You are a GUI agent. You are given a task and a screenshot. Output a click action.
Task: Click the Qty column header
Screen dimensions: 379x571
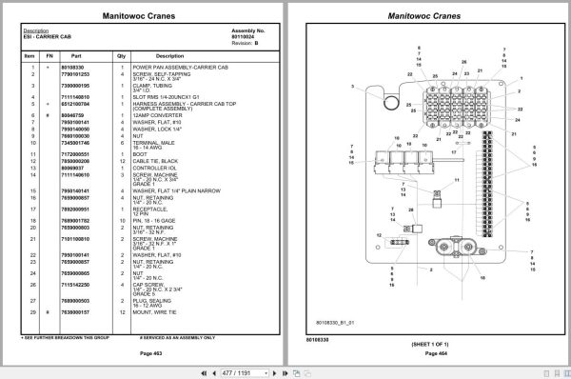tap(121, 56)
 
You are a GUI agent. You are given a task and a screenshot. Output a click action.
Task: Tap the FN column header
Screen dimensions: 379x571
tap(49, 56)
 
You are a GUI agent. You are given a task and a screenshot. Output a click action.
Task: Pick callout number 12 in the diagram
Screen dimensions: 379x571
tap(379, 233)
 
